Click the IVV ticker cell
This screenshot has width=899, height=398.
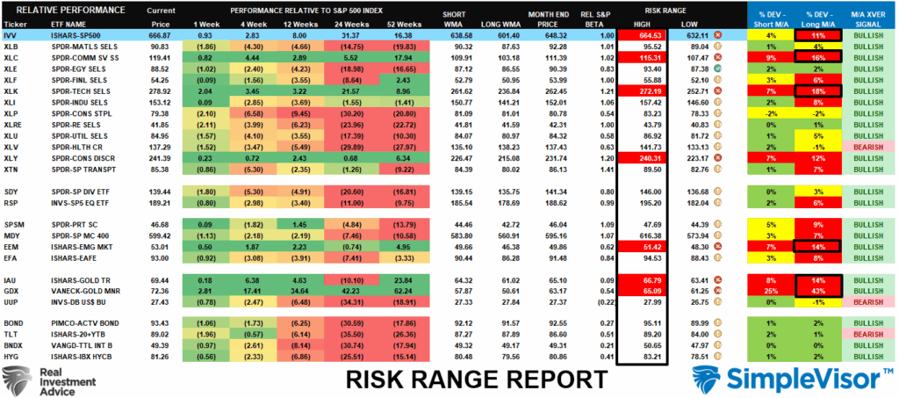tap(11, 33)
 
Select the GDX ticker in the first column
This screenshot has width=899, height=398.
tap(12, 289)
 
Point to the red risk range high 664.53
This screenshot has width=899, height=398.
tap(640, 33)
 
